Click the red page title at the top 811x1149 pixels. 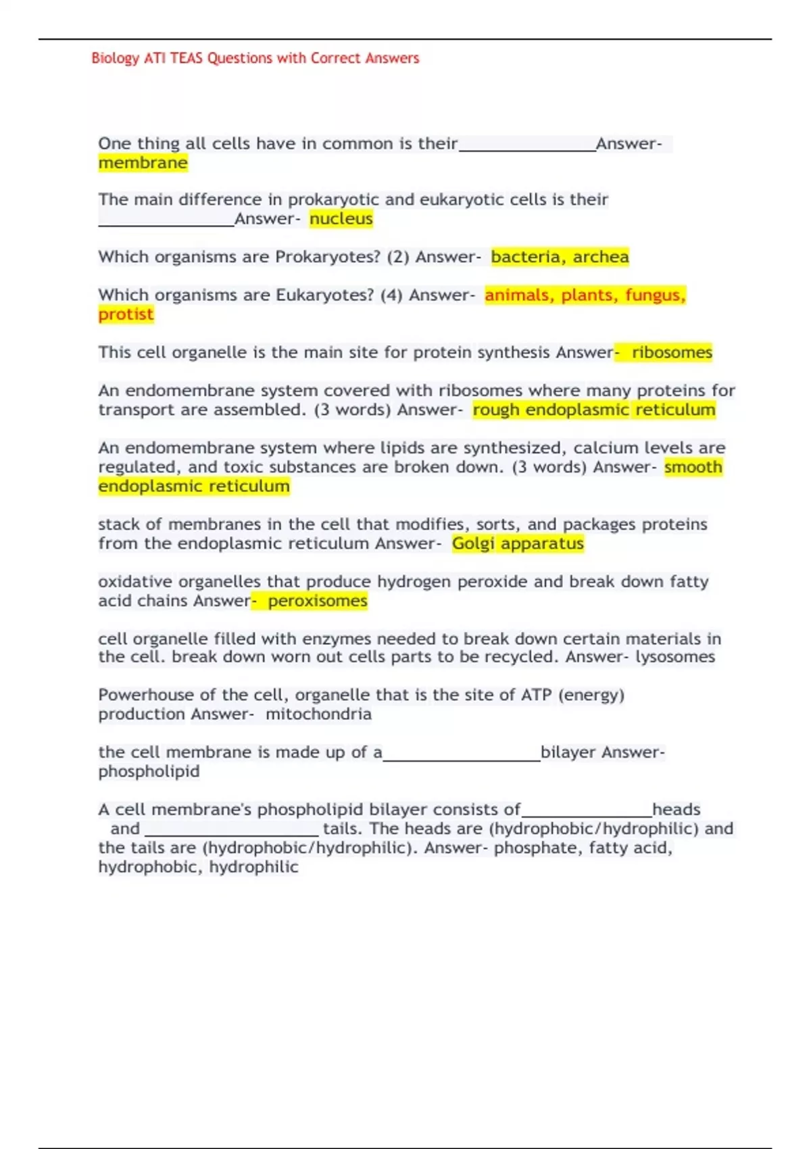(255, 58)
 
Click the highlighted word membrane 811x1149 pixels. (143, 163)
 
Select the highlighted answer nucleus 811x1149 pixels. (341, 219)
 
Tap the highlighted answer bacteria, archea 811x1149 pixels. (560, 257)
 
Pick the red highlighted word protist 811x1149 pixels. (126, 314)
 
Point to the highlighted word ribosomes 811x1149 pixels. (672, 352)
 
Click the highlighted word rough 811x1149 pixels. (496, 410)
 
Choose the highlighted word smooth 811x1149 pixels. (693, 467)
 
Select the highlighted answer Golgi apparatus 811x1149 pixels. (518, 543)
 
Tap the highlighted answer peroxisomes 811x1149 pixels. (317, 601)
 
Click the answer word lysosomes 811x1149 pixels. (674, 657)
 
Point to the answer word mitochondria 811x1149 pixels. (318, 714)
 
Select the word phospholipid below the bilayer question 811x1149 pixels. (149, 772)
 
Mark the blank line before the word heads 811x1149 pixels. (587, 815)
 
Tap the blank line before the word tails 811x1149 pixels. (232, 834)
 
